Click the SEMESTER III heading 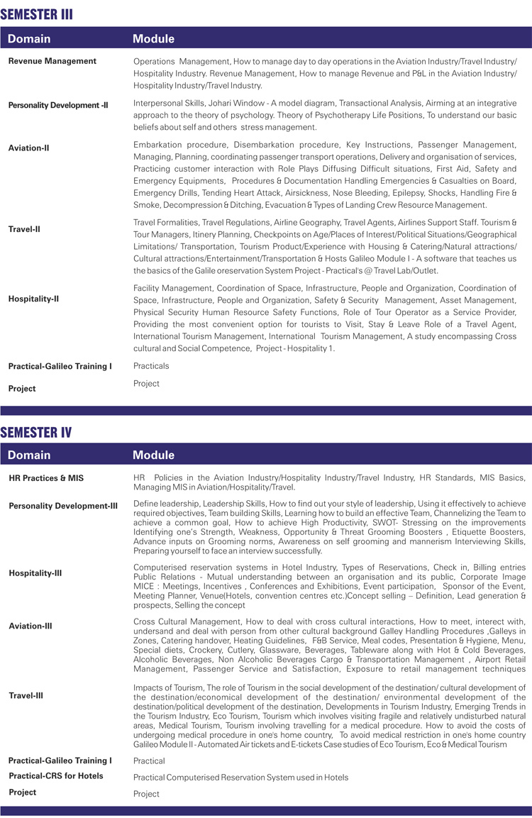coord(37,14)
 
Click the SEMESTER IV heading coord(36,431)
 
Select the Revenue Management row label coord(52,61)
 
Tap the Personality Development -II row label coord(58,105)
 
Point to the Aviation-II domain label coord(28,148)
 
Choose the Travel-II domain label coord(25,229)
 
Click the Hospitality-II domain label coord(33,299)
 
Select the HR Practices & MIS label coord(46,478)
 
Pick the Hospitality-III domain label coord(35,573)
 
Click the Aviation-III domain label coord(31,626)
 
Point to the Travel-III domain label coord(26,695)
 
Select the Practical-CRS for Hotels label coord(56,775)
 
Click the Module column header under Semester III coord(153,38)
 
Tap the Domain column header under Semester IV coord(29,455)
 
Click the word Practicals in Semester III coord(151,366)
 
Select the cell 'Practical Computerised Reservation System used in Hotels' coord(241,778)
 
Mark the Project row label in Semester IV coord(23,792)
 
